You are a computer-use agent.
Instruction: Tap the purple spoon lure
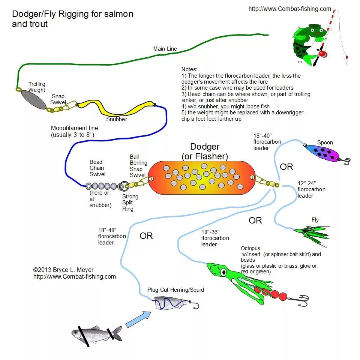pos(321,153)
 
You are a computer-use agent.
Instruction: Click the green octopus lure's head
pos(216,270)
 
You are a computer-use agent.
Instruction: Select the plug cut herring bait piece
pos(171,303)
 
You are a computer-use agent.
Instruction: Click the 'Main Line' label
pos(165,49)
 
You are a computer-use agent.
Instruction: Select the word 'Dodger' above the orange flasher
pos(205,147)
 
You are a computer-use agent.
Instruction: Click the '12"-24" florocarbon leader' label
pos(311,189)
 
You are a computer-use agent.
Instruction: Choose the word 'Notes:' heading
pos(189,69)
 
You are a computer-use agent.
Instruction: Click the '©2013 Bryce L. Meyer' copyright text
pos(63,270)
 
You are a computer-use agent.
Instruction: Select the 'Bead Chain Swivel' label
pos(97,168)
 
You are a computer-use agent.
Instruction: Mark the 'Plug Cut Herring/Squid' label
pos(175,290)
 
